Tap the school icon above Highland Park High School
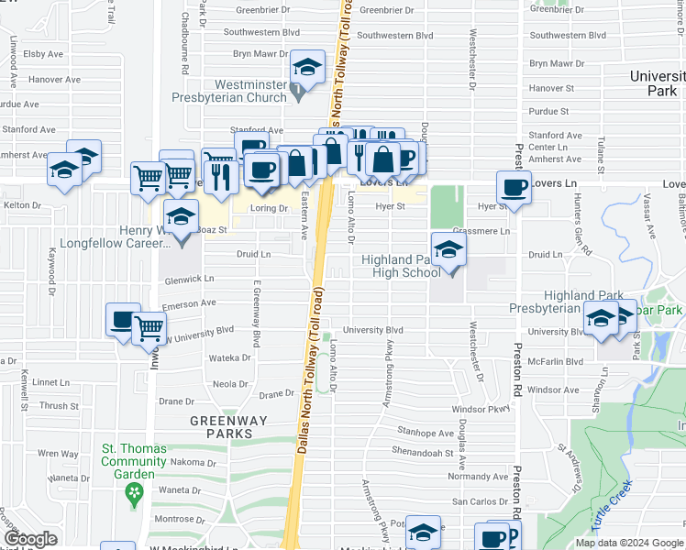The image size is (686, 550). click(447, 248)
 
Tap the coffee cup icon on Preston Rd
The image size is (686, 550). click(514, 187)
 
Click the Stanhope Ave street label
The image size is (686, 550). click(425, 433)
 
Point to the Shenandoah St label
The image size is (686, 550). click(424, 452)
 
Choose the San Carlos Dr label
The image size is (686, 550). click(480, 501)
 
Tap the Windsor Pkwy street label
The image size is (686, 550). click(480, 409)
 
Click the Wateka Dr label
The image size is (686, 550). click(231, 358)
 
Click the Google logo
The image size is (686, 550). click(29, 539)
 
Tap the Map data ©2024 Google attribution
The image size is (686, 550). click(628, 543)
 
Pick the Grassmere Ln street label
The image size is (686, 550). click(481, 231)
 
